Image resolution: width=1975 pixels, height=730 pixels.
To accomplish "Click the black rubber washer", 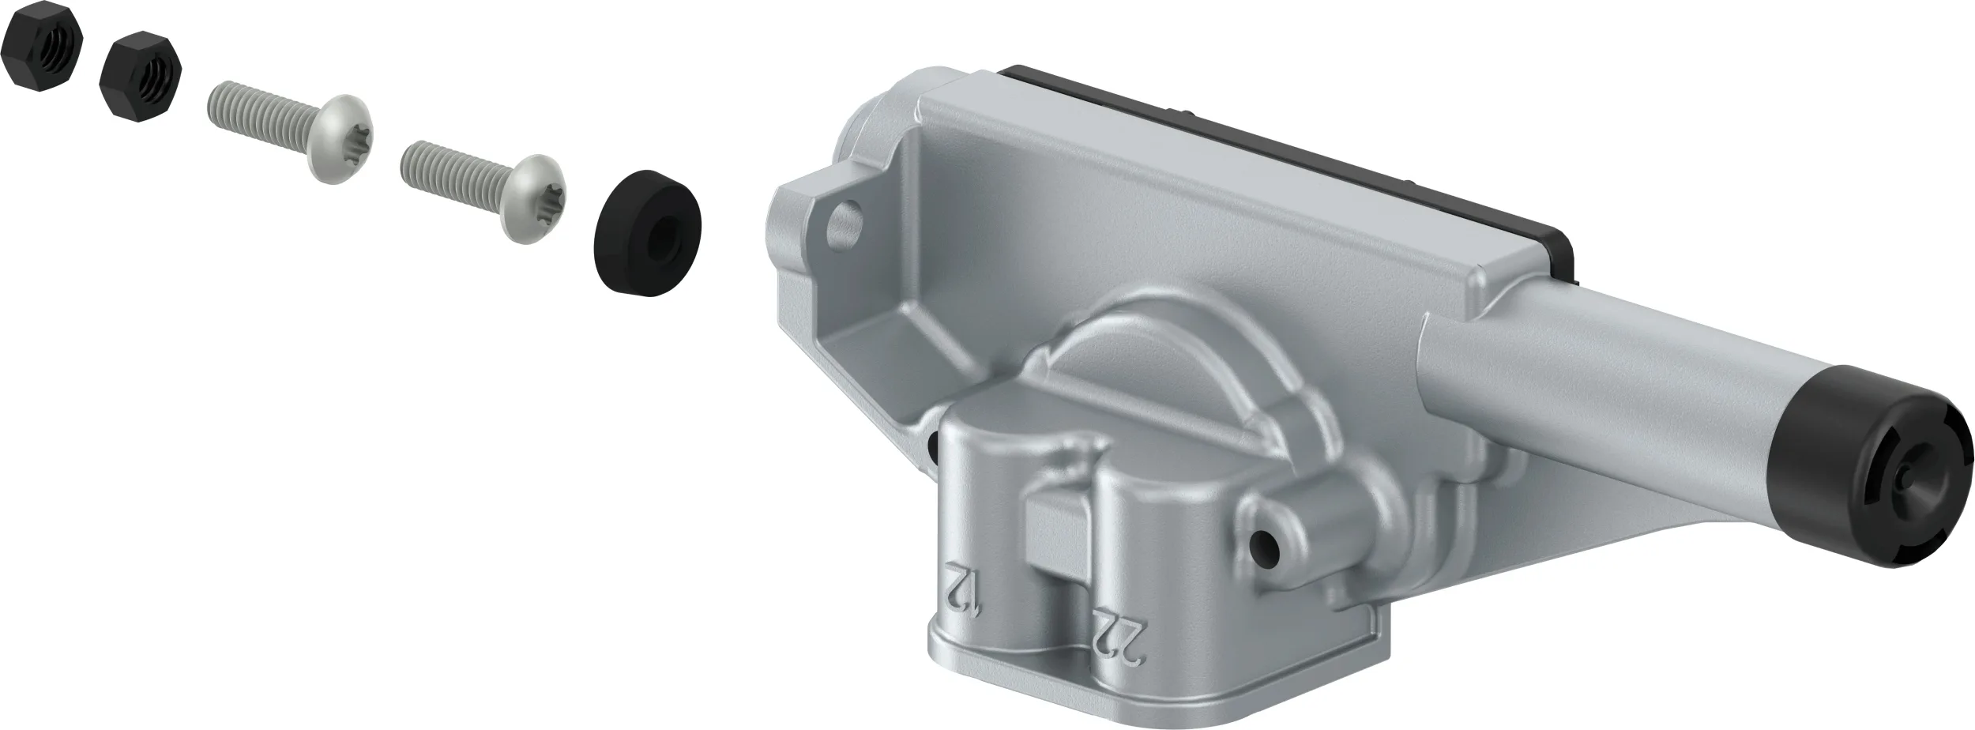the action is click(x=647, y=232).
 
